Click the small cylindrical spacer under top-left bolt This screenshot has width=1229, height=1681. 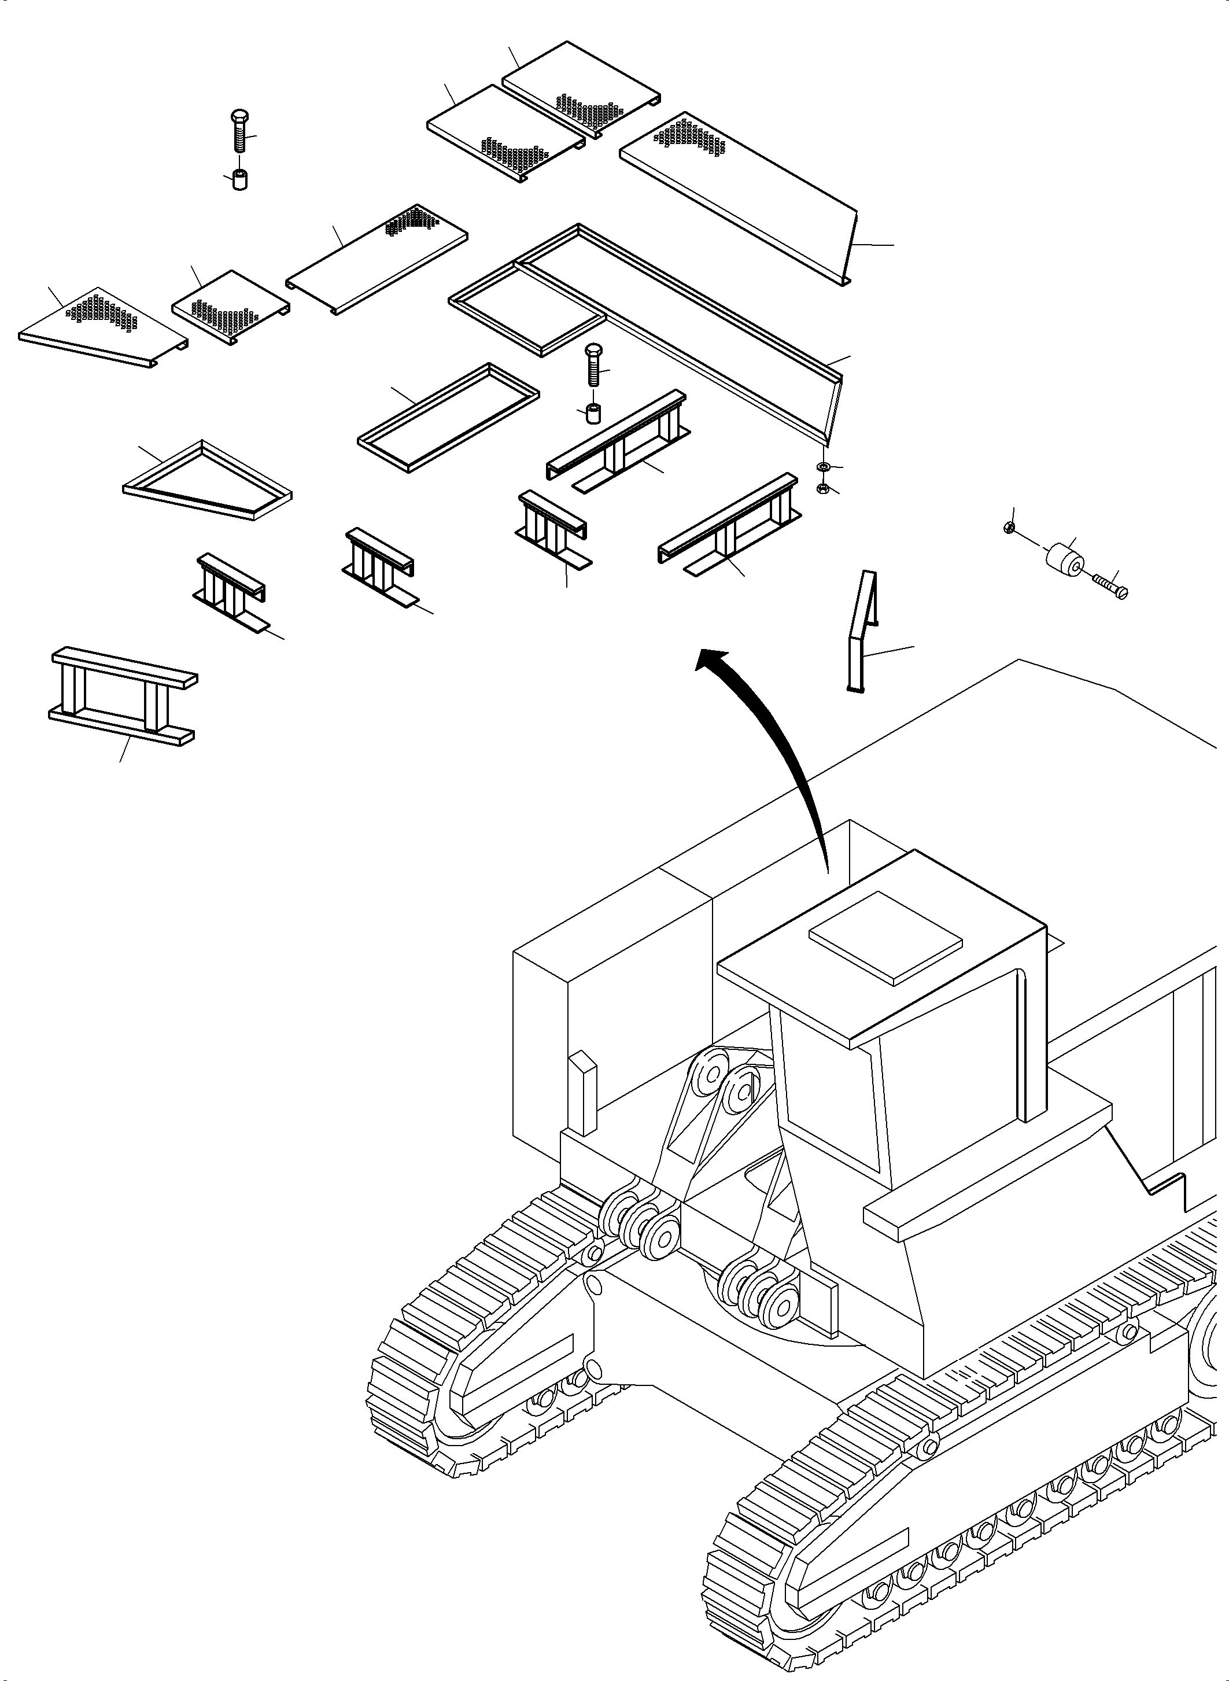(x=239, y=180)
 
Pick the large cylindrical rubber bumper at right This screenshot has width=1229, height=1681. (x=1066, y=559)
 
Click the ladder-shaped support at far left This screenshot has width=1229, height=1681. (x=123, y=696)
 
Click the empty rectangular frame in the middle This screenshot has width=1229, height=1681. (x=448, y=416)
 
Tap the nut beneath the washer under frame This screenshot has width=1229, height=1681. (x=824, y=488)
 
